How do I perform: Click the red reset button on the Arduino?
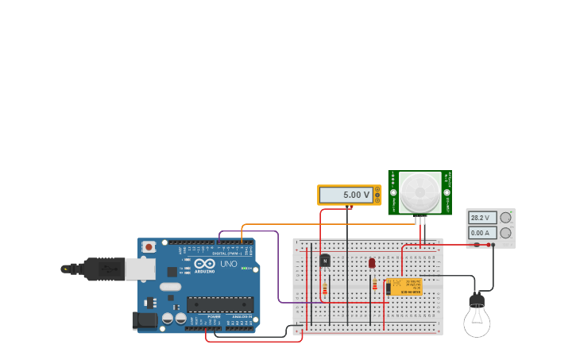point(149,247)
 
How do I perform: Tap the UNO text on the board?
point(228,264)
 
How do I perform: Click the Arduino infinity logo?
point(204,264)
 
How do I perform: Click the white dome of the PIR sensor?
point(419,192)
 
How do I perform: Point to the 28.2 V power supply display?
point(482,218)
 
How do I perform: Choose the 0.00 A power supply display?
point(482,233)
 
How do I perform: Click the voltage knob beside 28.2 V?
point(505,218)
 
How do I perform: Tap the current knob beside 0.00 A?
point(505,233)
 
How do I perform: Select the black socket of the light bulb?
point(477,300)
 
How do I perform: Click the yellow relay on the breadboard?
point(404,287)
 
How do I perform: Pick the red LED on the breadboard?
point(372,263)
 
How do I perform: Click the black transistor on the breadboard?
point(325,261)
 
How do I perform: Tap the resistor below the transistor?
point(325,288)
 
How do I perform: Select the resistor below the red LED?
point(375,285)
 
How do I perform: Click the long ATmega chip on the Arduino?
point(220,304)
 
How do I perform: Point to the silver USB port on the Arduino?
point(140,269)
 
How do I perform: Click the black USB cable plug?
point(103,269)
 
